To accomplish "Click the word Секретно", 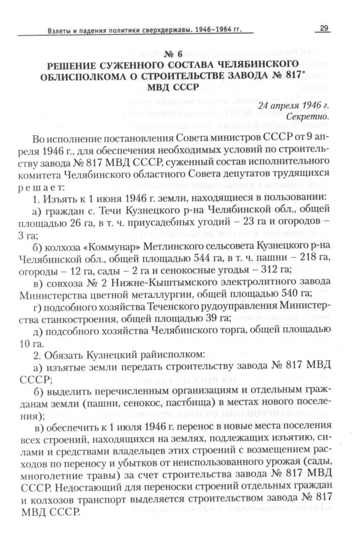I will tap(308, 116).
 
